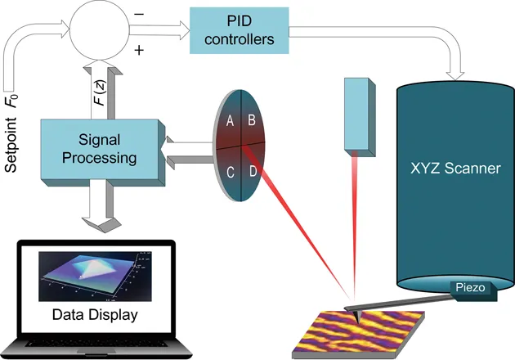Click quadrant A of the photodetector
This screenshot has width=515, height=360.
click(231, 121)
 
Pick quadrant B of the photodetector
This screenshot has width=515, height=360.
click(253, 120)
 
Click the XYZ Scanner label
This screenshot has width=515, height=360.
click(455, 169)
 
